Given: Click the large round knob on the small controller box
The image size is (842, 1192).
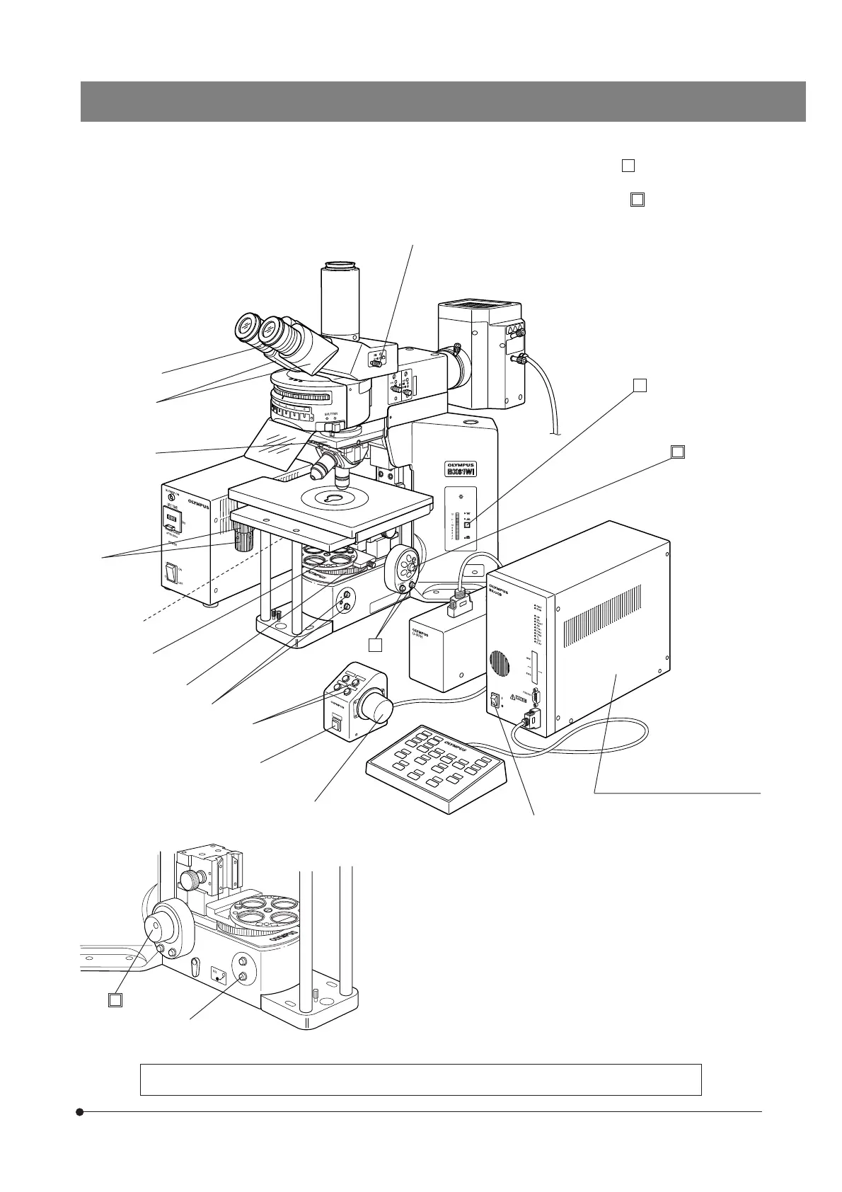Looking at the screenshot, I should click(x=376, y=706).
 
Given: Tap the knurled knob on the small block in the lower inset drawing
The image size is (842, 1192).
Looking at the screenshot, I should click(x=191, y=881).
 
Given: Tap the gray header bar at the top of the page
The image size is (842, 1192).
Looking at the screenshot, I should click(x=443, y=101).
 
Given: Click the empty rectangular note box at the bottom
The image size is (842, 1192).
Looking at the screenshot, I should click(x=420, y=1079).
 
